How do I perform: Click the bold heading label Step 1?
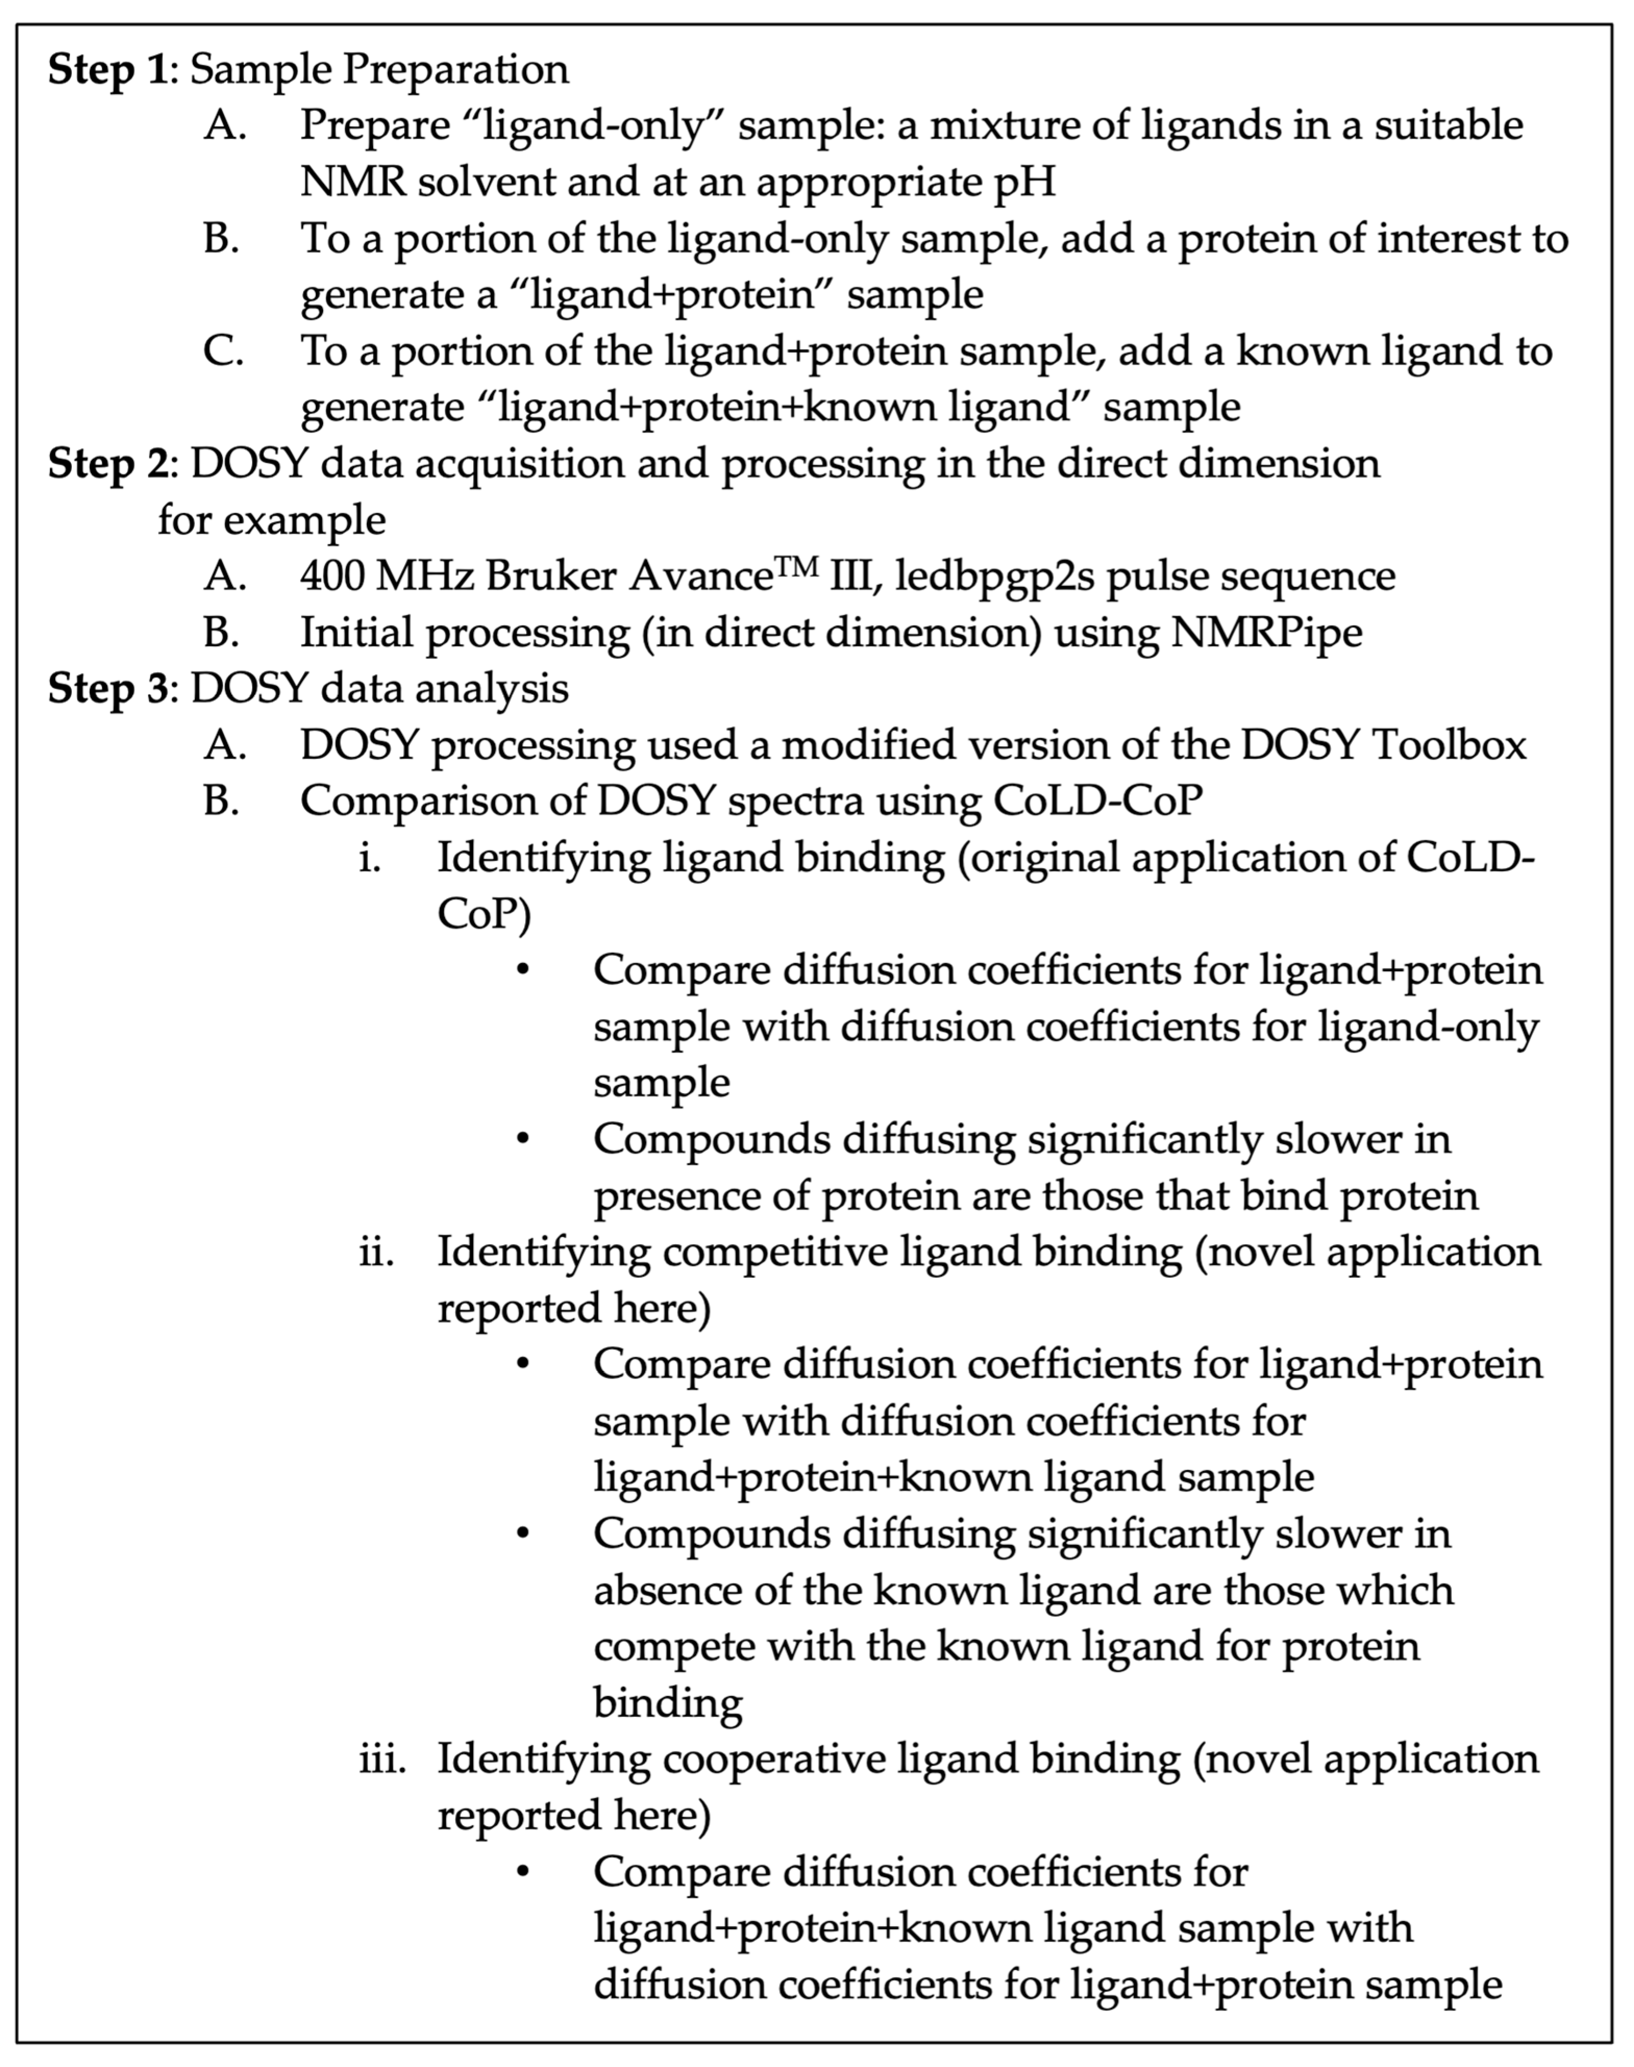(107, 70)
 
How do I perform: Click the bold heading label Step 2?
(107, 464)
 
